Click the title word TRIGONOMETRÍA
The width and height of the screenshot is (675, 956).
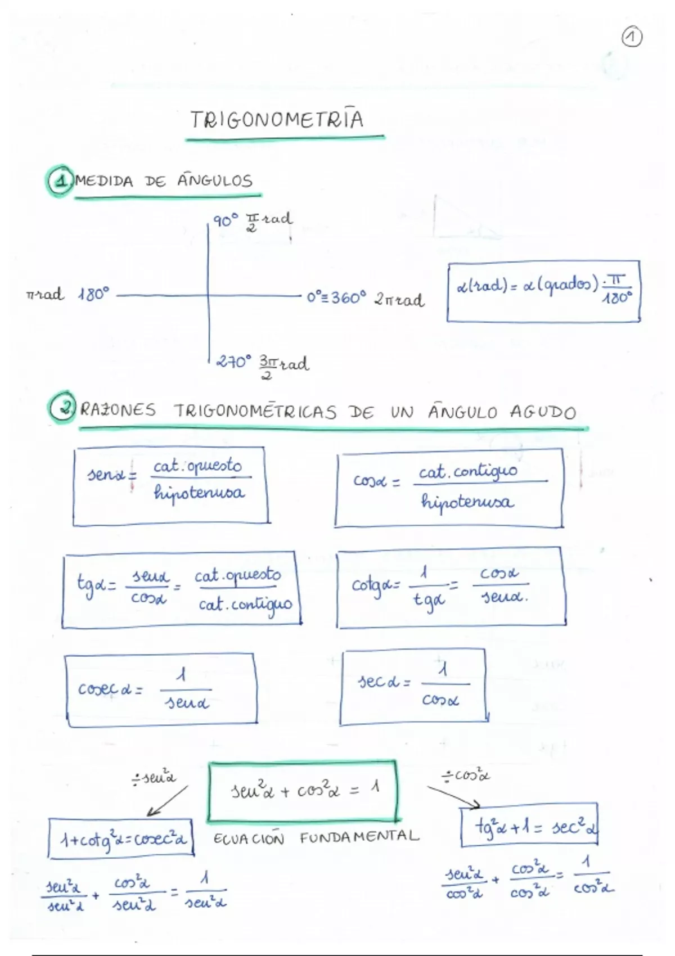[x=277, y=120]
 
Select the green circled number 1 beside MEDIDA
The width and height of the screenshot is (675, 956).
[x=59, y=181]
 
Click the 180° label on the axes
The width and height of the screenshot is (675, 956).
[x=93, y=294]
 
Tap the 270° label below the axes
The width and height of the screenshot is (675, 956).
[x=233, y=362]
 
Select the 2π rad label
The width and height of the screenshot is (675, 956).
[x=399, y=299]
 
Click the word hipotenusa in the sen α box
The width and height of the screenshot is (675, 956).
[x=199, y=493]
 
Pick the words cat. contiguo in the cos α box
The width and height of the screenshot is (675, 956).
[x=468, y=471]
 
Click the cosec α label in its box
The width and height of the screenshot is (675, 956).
[x=110, y=689]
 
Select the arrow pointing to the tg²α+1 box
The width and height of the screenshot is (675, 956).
[x=453, y=796]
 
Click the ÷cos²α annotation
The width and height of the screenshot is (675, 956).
[x=466, y=776]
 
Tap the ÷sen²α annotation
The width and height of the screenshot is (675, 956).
[x=154, y=779]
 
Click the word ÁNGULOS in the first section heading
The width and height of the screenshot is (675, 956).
[x=215, y=181]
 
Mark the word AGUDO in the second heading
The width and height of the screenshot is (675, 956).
[x=543, y=412]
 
